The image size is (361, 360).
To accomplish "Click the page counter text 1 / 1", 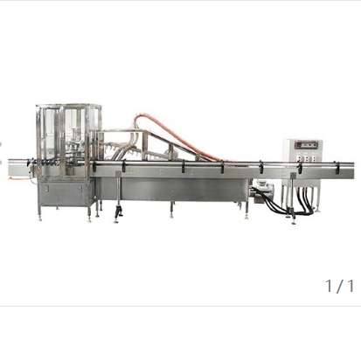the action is [x=339, y=286].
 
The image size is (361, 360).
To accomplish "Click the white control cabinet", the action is [x=303, y=159].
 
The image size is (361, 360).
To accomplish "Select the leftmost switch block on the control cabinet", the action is [x=299, y=158].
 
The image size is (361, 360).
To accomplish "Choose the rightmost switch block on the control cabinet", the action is [x=313, y=158].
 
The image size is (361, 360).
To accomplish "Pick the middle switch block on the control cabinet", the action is [x=306, y=158].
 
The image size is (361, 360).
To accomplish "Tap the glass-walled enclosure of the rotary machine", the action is [x=69, y=140].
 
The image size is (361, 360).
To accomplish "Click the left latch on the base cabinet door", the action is [x=46, y=189].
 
